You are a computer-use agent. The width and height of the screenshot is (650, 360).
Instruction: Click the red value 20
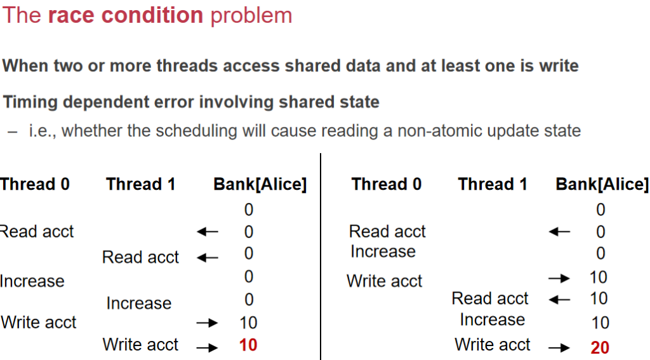(599, 347)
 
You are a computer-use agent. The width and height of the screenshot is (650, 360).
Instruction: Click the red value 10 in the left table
(248, 345)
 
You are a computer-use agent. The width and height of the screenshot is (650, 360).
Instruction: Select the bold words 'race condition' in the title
(125, 15)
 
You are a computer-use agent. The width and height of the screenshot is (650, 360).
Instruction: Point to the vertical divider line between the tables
(321, 257)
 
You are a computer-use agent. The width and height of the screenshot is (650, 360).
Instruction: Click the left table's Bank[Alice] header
(260, 185)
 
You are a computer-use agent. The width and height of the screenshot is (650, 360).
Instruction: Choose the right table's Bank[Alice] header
(602, 185)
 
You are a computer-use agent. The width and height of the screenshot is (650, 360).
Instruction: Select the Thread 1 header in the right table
(493, 184)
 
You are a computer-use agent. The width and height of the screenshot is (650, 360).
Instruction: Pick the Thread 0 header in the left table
(35, 184)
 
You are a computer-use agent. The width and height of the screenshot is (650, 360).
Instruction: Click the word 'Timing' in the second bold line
(30, 102)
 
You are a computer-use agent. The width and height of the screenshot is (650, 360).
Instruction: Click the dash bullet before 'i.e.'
(13, 132)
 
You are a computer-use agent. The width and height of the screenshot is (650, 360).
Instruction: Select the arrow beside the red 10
(207, 347)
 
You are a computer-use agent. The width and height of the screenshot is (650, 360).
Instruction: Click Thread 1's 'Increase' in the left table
(139, 303)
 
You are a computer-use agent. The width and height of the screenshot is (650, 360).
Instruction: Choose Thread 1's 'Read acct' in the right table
(490, 298)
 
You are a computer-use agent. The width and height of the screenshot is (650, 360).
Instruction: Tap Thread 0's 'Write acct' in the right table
(384, 281)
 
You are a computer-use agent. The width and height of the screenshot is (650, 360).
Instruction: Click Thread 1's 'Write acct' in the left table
(140, 344)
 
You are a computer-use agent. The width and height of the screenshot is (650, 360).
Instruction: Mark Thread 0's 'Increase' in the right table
(383, 251)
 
